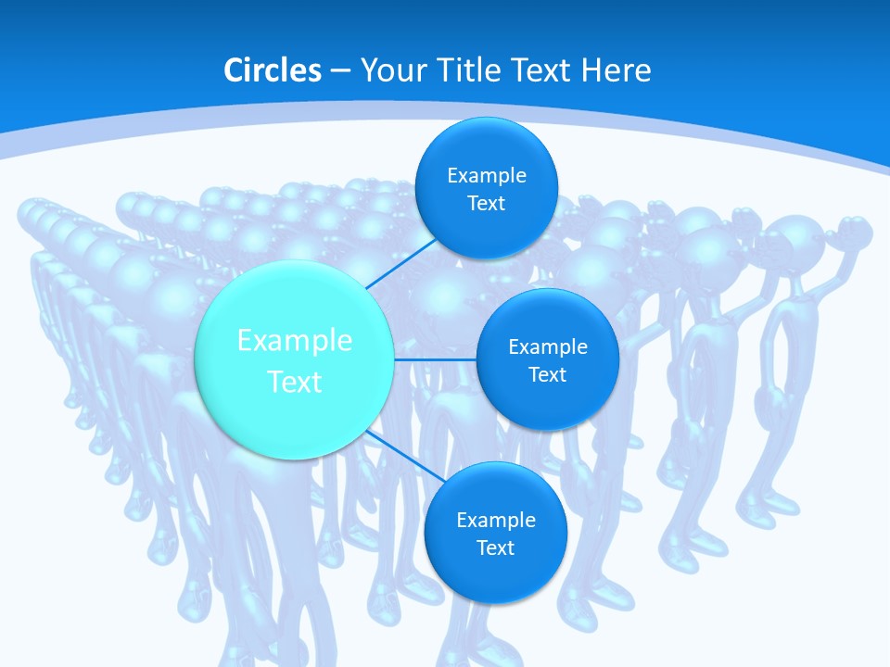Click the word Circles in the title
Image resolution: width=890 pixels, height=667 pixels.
[273, 70]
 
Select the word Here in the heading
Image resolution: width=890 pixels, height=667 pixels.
[617, 70]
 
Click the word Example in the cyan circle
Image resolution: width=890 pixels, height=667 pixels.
[295, 341]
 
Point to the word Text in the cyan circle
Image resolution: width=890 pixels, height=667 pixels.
[295, 382]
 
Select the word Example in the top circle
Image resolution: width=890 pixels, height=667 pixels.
[487, 176]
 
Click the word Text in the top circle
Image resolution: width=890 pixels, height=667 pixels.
[487, 204]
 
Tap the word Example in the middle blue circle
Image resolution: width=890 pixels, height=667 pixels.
[548, 347]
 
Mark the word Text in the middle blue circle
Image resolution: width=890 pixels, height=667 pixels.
[548, 375]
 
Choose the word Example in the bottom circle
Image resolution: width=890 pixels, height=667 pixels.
[496, 521]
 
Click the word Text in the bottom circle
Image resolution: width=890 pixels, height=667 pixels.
[496, 548]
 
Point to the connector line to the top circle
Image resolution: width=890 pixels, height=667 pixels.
[400, 261]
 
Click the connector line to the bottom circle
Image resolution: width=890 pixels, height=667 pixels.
[404, 455]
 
